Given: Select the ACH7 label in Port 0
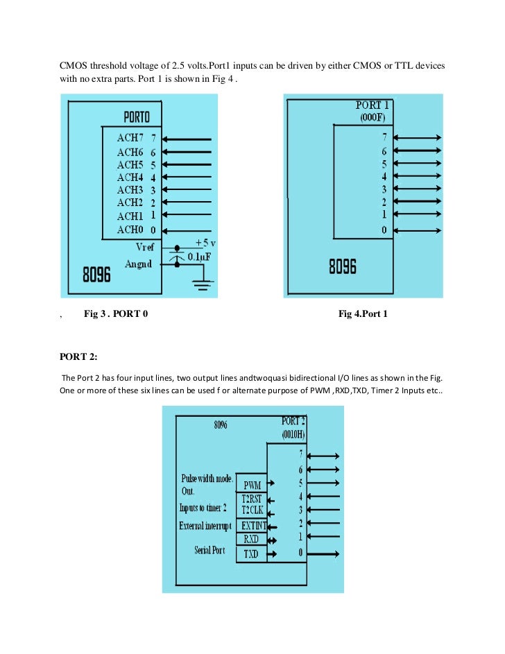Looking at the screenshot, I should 130,139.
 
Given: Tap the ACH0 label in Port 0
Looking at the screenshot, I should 130,230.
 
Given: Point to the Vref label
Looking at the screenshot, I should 148,247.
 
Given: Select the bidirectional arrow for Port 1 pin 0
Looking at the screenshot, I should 416,230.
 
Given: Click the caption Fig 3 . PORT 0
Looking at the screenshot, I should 116,315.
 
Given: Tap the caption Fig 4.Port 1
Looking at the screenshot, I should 363,315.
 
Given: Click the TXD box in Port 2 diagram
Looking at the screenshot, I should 252,554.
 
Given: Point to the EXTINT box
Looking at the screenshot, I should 253,526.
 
